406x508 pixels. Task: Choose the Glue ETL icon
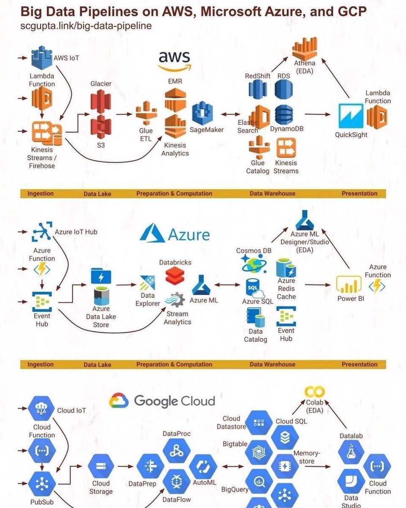coord(146,113)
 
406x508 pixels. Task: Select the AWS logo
coord(175,61)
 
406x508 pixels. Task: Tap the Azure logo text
coord(188,234)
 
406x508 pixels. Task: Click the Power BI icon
coord(349,284)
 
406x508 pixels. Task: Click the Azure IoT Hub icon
coord(42,231)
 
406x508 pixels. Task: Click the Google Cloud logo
coord(162,400)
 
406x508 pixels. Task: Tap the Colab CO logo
coord(315,392)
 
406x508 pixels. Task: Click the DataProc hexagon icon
coord(176,451)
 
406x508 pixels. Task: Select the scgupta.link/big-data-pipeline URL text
coord(86,26)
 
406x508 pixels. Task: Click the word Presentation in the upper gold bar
coord(359,193)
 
